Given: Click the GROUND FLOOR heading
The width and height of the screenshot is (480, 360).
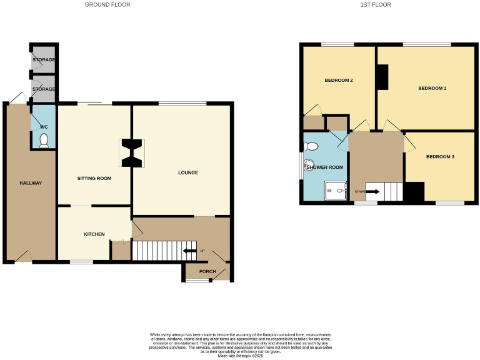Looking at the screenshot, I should (107, 4).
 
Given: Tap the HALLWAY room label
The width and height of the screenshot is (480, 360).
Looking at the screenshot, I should (30, 183).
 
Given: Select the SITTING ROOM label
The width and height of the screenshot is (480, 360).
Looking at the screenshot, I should (94, 178).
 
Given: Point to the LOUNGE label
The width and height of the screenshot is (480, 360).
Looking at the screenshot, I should (187, 172).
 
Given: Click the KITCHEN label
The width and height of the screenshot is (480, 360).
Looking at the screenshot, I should (94, 234).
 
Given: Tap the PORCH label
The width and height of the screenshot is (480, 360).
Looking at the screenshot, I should (207, 271).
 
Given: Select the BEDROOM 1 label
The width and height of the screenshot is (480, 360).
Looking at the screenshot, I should (432, 89).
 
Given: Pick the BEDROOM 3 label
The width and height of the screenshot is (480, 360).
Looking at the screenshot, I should (440, 156).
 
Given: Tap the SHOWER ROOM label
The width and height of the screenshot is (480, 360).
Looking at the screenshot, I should (324, 167).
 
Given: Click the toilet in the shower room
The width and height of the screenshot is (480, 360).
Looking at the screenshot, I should (309, 146).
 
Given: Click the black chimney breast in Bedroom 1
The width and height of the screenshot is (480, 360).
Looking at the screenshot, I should (381, 77).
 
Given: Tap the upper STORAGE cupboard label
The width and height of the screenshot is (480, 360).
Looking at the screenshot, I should (44, 60).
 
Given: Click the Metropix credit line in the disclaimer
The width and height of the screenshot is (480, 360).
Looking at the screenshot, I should (240, 356).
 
